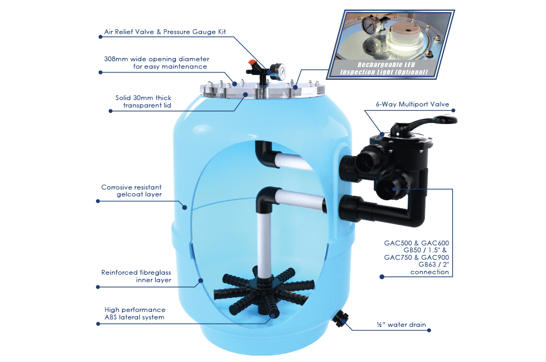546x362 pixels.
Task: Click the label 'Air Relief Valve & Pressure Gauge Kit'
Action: coord(165,32)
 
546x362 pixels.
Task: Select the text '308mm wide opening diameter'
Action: coord(157,59)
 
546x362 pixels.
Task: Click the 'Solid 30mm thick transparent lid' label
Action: coord(143,102)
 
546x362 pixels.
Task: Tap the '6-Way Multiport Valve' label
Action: coord(412,104)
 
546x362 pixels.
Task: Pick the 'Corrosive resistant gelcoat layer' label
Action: coord(132,191)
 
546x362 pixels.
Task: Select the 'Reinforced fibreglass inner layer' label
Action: coord(136,276)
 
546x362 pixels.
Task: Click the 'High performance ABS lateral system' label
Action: coord(135,314)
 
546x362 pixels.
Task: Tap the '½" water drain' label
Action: coord(401,325)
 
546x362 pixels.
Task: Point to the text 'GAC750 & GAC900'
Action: coord(416,257)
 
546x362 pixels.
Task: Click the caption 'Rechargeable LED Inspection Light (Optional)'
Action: coord(383,69)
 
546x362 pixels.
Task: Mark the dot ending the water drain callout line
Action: coord(429,331)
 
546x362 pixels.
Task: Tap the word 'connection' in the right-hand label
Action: coord(430,272)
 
